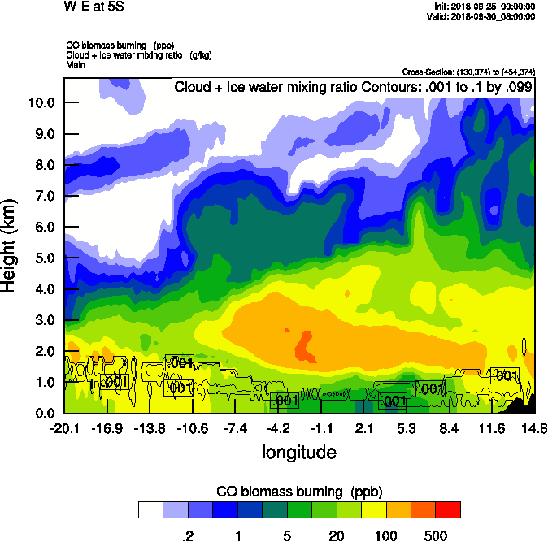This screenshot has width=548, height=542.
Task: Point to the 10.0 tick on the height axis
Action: (41, 103)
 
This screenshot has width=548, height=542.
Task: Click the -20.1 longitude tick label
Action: (63, 429)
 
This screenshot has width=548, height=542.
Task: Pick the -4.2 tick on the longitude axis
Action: (278, 429)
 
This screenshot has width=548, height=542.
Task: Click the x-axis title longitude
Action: (298, 451)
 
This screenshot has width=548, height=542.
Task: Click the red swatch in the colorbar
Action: (448, 510)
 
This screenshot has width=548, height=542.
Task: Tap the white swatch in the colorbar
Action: (150, 510)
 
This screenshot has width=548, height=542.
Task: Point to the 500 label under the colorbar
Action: (436, 535)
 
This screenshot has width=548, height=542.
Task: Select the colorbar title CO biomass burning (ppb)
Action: (299, 492)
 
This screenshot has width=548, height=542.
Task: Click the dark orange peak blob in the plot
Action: (305, 347)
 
